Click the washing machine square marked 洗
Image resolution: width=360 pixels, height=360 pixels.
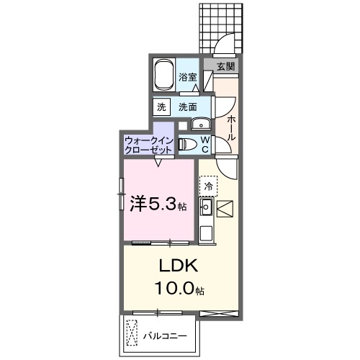161,107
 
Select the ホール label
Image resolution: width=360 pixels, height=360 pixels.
230,128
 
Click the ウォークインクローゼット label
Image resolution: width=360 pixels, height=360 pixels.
148,145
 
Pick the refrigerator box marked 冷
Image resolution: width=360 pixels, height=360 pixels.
208,186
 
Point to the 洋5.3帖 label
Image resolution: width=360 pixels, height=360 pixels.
158,204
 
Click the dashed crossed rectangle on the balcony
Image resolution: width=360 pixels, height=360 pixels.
132,333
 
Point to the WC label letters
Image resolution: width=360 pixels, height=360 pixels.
204,144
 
